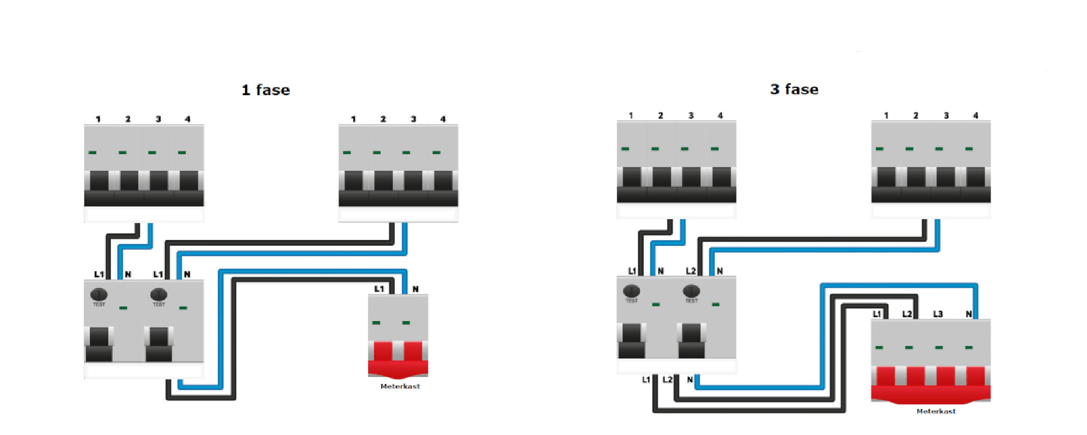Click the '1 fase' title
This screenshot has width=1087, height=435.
266,90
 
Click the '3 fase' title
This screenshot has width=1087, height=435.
794,89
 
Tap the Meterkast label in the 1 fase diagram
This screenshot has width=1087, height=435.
400,386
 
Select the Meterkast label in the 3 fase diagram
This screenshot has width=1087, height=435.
936,411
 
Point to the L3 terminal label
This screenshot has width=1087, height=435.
938,314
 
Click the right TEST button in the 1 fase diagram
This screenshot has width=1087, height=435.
159,295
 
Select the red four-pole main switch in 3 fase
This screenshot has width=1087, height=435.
931,383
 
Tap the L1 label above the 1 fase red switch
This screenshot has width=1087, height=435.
379,289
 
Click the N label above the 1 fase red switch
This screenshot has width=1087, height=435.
416,289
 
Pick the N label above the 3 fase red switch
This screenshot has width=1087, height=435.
969,314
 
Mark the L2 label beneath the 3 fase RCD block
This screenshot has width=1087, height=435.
667,379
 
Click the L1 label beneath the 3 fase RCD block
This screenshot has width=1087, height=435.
645,379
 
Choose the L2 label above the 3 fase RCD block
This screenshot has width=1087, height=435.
691,271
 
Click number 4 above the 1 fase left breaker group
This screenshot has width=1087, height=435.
187,119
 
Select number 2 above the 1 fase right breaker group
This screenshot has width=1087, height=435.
383,119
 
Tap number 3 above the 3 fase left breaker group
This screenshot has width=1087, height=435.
691,116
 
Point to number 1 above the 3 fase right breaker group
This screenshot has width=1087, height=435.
886,116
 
